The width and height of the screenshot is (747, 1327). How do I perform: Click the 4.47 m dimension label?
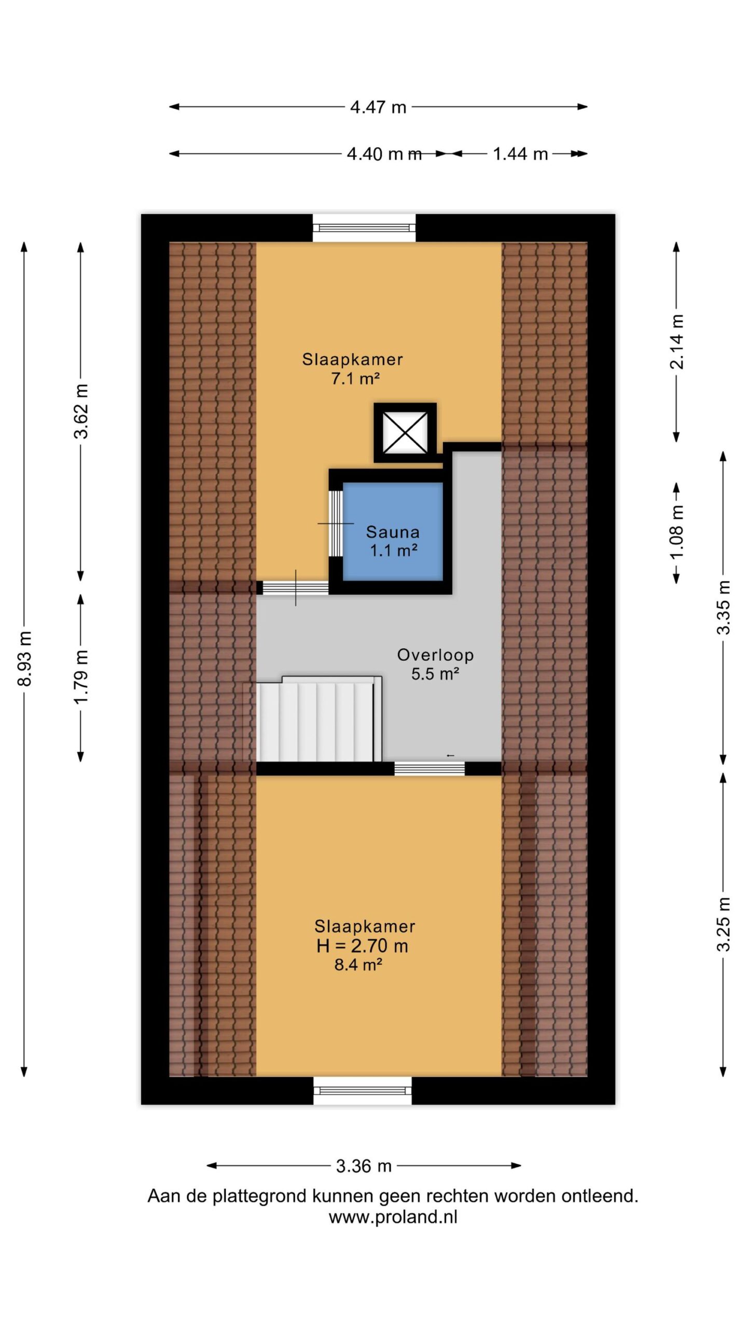378,107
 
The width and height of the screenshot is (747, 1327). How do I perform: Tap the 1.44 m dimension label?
520,154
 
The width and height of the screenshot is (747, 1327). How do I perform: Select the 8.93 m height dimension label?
25,658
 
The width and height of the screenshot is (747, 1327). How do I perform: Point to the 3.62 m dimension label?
81,411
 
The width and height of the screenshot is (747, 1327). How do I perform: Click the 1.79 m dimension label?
81,676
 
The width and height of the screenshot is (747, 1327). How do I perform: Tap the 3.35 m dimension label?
723,607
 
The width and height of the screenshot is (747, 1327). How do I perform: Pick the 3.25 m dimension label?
723,924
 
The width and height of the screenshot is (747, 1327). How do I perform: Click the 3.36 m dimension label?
364,1166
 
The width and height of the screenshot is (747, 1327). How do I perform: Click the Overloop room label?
435,655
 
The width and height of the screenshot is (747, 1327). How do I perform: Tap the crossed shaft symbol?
405,433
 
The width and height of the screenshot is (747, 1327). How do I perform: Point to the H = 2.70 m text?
362,946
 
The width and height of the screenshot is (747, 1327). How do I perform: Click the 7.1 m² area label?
355,378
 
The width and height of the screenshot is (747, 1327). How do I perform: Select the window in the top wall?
364,228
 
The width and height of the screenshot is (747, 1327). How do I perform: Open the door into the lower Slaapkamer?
430,769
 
